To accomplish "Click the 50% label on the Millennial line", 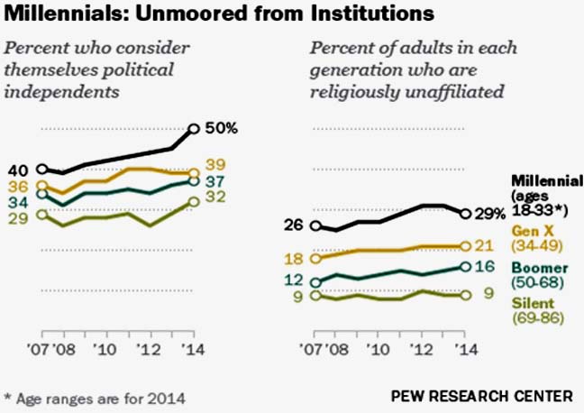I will pyautogui.click(x=220, y=128).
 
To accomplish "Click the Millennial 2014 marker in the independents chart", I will pyautogui.click(x=194, y=129).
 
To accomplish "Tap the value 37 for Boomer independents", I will pyautogui.click(x=216, y=181).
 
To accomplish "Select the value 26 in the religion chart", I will pyautogui.click(x=294, y=225).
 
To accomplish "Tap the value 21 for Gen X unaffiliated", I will pyautogui.click(x=485, y=245).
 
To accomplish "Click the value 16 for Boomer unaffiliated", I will pyautogui.click(x=485, y=266).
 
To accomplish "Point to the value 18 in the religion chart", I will pyautogui.click(x=294, y=259).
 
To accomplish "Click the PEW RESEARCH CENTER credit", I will pyautogui.click(x=481, y=396).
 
